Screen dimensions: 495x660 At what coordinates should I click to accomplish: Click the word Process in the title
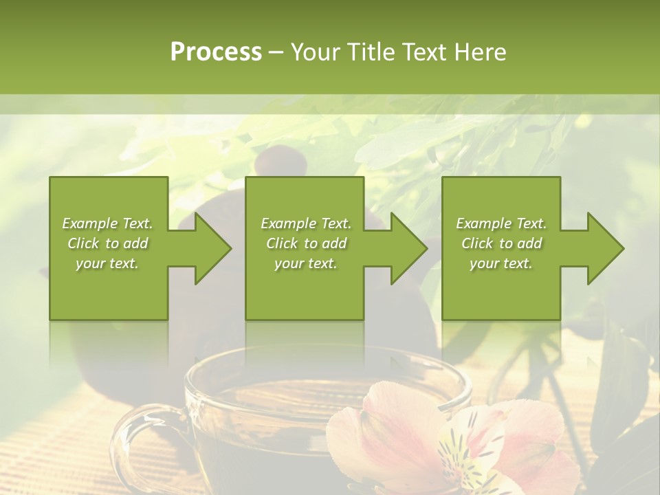[216, 52]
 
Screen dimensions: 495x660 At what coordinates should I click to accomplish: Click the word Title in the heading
[370, 52]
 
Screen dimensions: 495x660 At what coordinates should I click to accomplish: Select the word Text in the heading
[423, 52]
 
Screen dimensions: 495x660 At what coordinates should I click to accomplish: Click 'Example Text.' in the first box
[107, 223]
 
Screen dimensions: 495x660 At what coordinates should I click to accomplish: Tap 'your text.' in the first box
[107, 263]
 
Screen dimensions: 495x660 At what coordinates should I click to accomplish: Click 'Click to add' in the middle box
[306, 243]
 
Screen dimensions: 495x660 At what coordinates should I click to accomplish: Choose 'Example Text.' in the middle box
[306, 223]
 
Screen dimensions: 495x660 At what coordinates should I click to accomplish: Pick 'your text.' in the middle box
[306, 263]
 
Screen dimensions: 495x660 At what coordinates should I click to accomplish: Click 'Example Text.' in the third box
[501, 223]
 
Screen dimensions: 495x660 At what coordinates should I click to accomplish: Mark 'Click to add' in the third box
[501, 243]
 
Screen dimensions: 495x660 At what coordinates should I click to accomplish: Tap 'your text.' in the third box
[501, 263]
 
